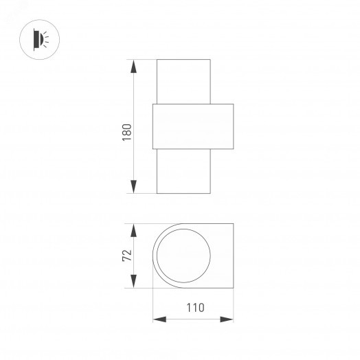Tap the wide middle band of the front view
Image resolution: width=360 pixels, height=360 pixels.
pos(193,127)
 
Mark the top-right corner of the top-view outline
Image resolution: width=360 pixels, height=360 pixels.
pos(234,224)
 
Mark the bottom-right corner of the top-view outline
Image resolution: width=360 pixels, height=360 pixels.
pos(234,286)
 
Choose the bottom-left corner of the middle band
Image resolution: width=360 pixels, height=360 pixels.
pos(153,150)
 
